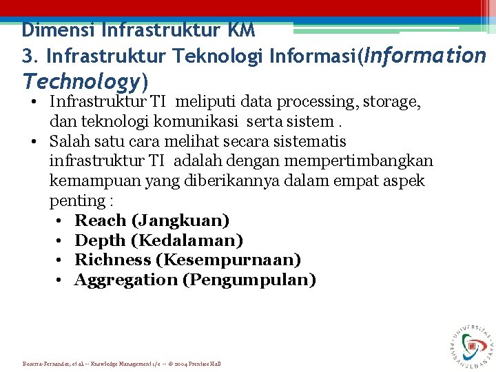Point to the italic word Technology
(x=81, y=81)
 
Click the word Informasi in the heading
(x=314, y=55)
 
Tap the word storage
(x=393, y=102)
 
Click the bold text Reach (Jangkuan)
(x=152, y=221)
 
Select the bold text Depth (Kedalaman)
(x=158, y=241)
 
